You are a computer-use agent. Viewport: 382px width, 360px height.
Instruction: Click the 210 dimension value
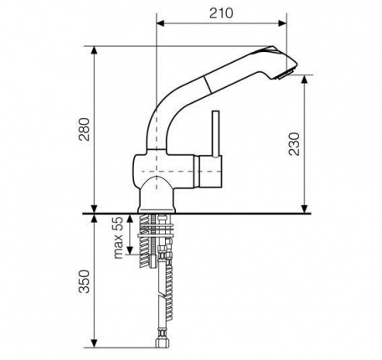(x=221, y=13)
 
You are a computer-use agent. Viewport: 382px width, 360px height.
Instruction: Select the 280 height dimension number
(x=84, y=129)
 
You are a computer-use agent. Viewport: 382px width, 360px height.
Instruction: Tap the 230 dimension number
(x=294, y=144)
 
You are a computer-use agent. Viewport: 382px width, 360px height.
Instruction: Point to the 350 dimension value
(x=84, y=281)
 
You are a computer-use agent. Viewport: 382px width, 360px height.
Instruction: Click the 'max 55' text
(x=119, y=238)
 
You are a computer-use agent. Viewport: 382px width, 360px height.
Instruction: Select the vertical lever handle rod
(x=215, y=134)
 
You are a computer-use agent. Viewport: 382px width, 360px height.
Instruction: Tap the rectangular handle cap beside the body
(x=210, y=171)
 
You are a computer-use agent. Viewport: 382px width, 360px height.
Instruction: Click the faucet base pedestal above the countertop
(x=157, y=194)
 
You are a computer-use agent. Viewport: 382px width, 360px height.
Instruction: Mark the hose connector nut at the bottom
(x=161, y=342)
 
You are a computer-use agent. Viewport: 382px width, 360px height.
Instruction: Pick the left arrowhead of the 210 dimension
(x=161, y=23)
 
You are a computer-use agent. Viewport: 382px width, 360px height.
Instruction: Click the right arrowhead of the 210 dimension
(x=282, y=23)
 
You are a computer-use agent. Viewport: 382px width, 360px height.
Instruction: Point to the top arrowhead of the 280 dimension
(x=95, y=50)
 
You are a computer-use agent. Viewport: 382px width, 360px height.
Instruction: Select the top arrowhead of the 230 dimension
(x=304, y=80)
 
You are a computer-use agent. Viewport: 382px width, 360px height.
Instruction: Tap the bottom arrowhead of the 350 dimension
(x=95, y=343)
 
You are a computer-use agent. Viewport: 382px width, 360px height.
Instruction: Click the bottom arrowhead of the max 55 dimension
(x=130, y=250)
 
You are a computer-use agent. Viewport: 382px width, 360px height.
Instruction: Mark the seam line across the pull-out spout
(x=208, y=84)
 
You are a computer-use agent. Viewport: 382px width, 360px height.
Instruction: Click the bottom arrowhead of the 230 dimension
(x=304, y=209)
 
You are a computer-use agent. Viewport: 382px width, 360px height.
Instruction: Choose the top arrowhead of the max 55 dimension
(x=130, y=219)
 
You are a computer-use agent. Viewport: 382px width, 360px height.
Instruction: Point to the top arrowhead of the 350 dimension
(x=95, y=219)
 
